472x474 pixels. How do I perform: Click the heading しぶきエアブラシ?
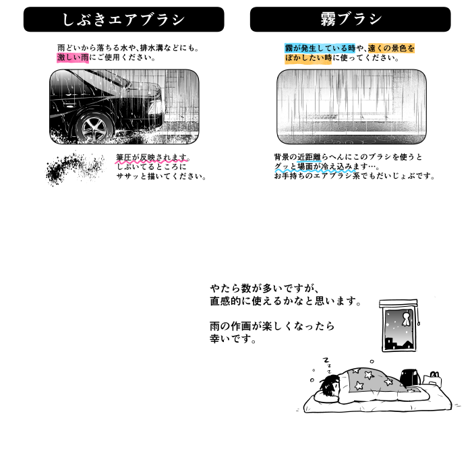click(123, 20)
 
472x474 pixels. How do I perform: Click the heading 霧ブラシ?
click(351, 19)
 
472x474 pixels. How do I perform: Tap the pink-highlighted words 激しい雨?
click(73, 57)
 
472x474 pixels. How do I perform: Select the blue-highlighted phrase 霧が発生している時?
click(320, 48)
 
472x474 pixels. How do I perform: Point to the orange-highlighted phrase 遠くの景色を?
click(391, 48)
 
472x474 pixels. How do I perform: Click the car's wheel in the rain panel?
click(94, 128)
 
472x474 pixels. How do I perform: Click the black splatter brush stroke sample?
click(75, 168)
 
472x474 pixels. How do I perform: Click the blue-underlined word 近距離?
click(309, 157)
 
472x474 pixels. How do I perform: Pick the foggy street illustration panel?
click(351, 107)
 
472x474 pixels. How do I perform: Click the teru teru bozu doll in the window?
click(405, 319)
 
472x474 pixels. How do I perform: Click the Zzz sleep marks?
click(327, 365)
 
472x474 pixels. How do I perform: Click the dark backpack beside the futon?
click(409, 378)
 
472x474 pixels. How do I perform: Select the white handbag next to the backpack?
click(432, 379)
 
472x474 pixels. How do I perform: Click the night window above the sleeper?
click(399, 326)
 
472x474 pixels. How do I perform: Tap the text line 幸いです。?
click(233, 338)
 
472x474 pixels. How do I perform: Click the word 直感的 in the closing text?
click(226, 301)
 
